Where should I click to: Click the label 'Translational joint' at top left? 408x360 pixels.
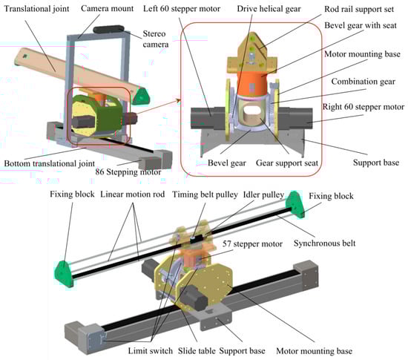coord(36,9)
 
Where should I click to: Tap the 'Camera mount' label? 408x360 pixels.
coord(108,8)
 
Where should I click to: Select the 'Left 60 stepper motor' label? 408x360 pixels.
coord(182,9)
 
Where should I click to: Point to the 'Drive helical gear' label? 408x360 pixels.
coord(269,9)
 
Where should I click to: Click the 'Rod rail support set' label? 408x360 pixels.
coord(359,9)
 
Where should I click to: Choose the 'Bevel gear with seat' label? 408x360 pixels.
coord(361,25)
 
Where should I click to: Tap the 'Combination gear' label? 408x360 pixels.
coord(363,82)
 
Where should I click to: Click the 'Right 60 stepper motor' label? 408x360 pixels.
coord(363,107)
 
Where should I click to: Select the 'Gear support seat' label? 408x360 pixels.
coord(287,163)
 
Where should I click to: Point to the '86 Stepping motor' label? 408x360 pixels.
coord(128,171)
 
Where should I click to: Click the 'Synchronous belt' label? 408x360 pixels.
coord(324,243)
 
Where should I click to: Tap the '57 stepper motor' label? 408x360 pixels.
coord(252,244)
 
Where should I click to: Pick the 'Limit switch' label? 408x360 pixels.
coord(150,350)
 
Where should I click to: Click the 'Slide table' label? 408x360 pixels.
coord(197,350)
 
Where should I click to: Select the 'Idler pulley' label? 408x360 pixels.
coord(263,194)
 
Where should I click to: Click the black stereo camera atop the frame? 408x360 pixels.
coord(108,29)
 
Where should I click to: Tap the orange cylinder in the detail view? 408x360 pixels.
coord(251,84)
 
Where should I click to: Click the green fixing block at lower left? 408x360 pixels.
coord(63,273)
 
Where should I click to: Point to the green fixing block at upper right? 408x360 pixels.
coord(295,204)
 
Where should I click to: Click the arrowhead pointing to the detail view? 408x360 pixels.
coord(179,100)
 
